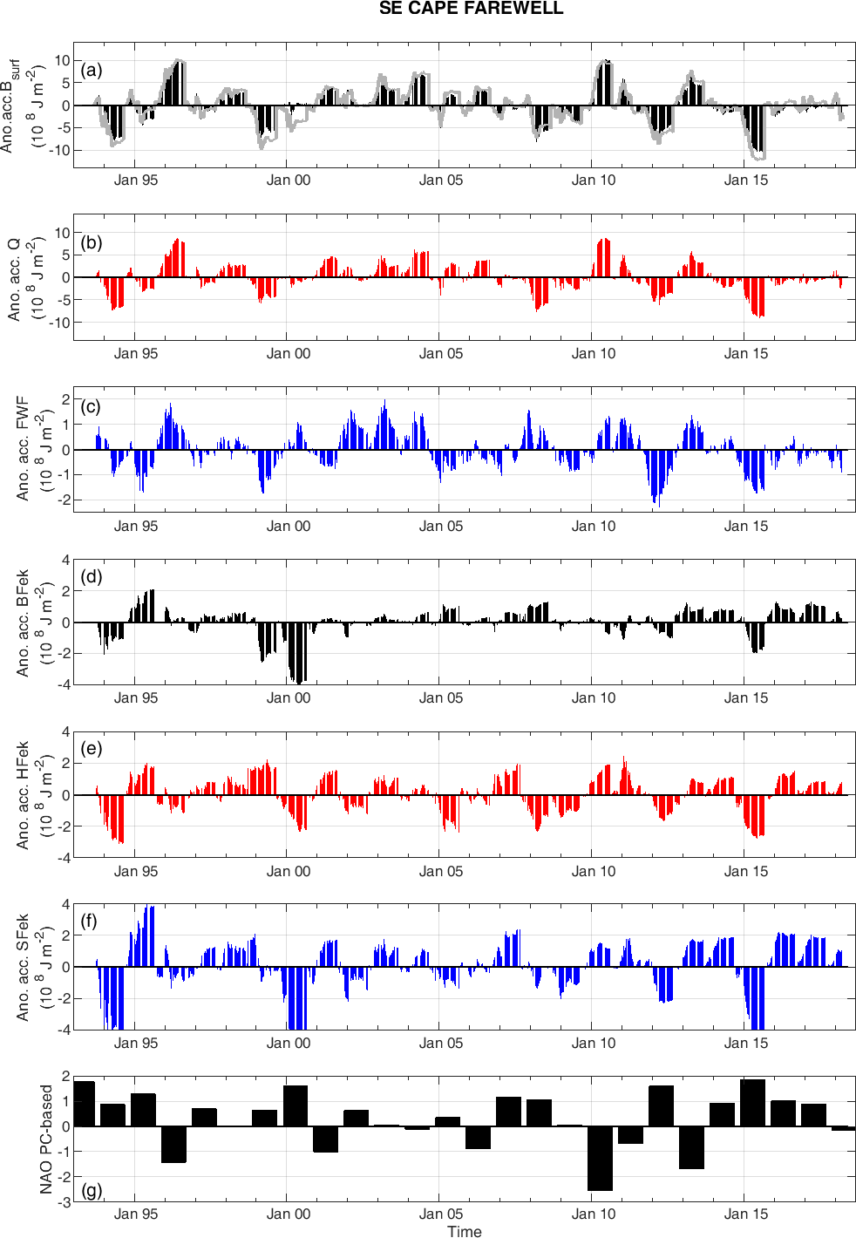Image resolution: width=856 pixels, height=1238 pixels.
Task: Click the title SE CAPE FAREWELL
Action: pos(471,9)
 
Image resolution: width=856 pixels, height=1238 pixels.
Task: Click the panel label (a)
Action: pos(92,70)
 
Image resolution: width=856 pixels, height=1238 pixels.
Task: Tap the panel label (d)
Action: pos(92,576)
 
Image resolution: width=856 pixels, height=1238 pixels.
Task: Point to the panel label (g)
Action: pos(92,1189)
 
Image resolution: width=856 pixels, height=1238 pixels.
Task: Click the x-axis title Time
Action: pos(465,1231)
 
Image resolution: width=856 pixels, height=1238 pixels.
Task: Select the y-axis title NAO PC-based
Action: pos(46,1139)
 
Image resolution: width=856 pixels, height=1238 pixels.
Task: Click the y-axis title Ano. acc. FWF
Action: pos(23,448)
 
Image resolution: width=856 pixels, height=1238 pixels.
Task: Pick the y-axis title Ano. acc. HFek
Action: pos(23,794)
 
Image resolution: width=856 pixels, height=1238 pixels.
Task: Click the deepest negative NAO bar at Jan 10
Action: pos(600,1158)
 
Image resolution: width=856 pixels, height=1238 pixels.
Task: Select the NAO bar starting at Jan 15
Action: pos(752,1103)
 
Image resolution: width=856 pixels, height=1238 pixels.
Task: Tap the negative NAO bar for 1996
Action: pos(173,1144)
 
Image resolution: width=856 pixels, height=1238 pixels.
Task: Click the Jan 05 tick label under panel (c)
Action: pos(441,526)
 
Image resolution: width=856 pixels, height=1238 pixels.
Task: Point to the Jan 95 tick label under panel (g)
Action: pos(136,1214)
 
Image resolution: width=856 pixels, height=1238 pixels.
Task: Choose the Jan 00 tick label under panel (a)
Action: pos(289,180)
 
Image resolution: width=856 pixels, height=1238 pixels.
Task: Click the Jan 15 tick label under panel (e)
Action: pos(746,871)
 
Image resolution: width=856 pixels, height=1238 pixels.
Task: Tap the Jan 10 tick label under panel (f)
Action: pos(594,1043)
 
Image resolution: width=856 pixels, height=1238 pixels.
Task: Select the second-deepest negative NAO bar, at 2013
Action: pos(691,1147)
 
